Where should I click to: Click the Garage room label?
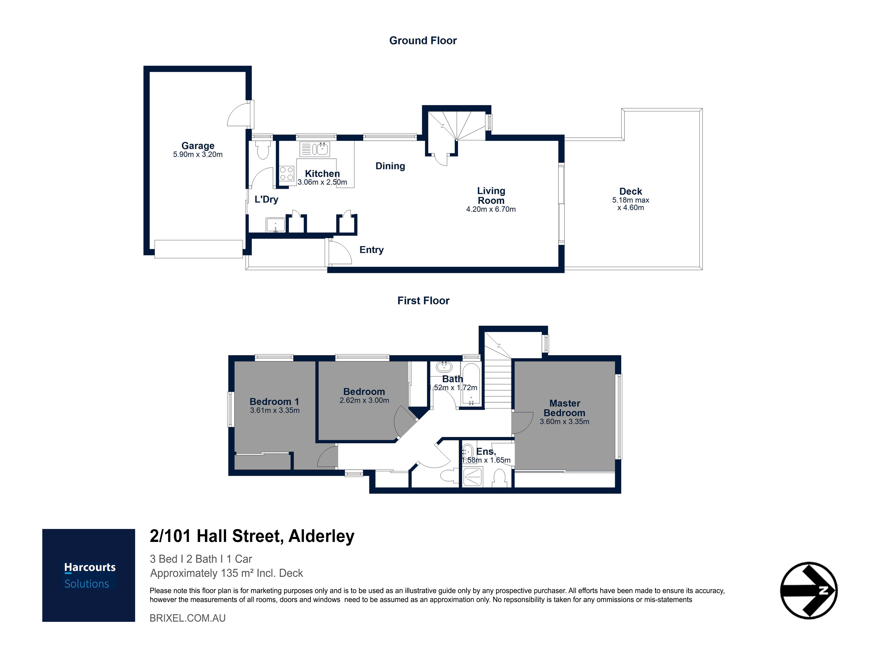(198, 146)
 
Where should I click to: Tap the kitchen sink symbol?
(315, 149)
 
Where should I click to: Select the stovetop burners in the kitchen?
(287, 174)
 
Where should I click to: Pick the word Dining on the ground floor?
(390, 166)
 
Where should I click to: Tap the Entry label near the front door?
(371, 250)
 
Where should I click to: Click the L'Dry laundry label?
(266, 199)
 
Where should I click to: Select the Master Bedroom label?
(565, 408)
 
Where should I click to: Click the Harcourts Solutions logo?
(89, 575)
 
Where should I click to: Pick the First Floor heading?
(423, 300)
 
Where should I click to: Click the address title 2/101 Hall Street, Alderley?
(252, 536)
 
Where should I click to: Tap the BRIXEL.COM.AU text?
(188, 618)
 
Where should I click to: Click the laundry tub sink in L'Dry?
(275, 225)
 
